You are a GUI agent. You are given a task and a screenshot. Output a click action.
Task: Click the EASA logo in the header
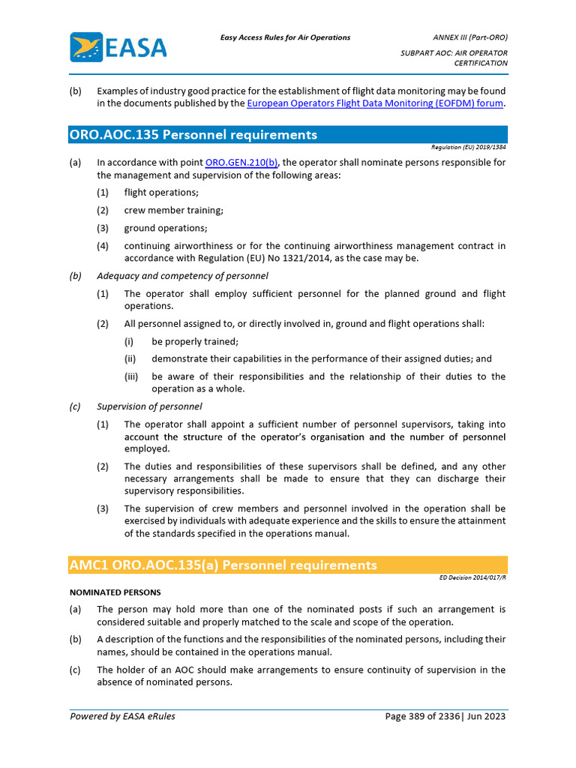[118, 47]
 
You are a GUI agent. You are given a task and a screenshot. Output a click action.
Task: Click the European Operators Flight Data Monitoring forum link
[375, 103]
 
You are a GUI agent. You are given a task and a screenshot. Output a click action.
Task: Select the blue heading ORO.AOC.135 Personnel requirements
[193, 135]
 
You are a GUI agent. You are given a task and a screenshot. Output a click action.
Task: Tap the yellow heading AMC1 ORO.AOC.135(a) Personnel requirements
[223, 565]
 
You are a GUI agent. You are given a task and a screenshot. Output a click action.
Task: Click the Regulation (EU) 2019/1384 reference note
[469, 148]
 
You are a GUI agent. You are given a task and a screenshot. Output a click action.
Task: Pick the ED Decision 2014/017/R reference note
[473, 578]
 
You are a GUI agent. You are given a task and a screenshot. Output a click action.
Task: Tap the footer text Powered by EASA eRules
[122, 716]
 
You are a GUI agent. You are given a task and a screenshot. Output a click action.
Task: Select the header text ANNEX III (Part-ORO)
[470, 37]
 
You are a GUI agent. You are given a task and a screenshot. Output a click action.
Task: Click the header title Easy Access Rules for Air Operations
[285, 37]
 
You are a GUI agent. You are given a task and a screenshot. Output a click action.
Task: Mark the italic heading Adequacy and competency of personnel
[182, 276]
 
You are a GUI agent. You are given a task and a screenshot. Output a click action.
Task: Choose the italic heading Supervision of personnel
[149, 406]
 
